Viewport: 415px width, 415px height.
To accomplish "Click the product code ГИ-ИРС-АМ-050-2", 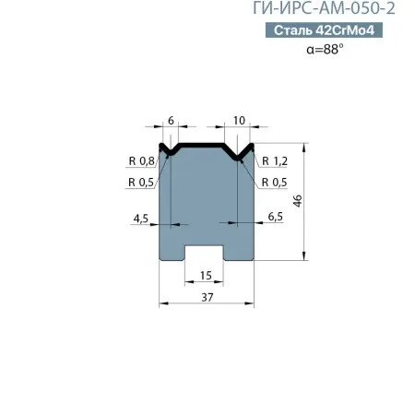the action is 324,8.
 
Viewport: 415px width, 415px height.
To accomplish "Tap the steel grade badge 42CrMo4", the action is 324,30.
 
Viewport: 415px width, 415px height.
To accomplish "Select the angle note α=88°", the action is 325,49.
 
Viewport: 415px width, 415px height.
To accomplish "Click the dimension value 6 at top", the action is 171,121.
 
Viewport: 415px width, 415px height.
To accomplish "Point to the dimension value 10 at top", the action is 239,121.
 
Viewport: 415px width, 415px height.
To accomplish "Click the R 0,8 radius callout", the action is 141,160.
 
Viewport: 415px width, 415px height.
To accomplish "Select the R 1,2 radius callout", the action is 275,160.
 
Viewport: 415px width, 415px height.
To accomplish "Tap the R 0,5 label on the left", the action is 141,183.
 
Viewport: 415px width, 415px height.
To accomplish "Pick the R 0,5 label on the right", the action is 274,183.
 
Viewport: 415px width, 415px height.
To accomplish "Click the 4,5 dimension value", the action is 141,219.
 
